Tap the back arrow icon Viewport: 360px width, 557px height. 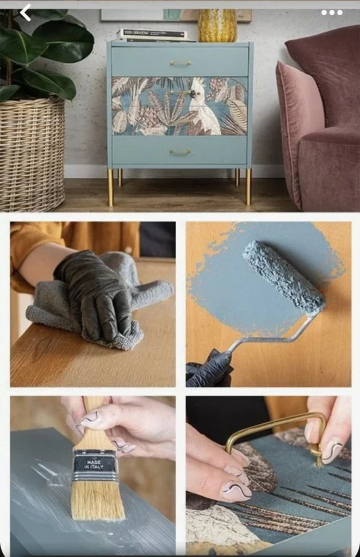click(x=25, y=11)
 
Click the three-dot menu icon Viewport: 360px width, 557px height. click(x=331, y=12)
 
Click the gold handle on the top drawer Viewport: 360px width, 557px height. click(x=179, y=63)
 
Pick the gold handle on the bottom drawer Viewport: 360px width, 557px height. click(x=179, y=152)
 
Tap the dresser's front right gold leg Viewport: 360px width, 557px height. click(x=249, y=186)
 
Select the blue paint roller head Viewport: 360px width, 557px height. click(x=283, y=278)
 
